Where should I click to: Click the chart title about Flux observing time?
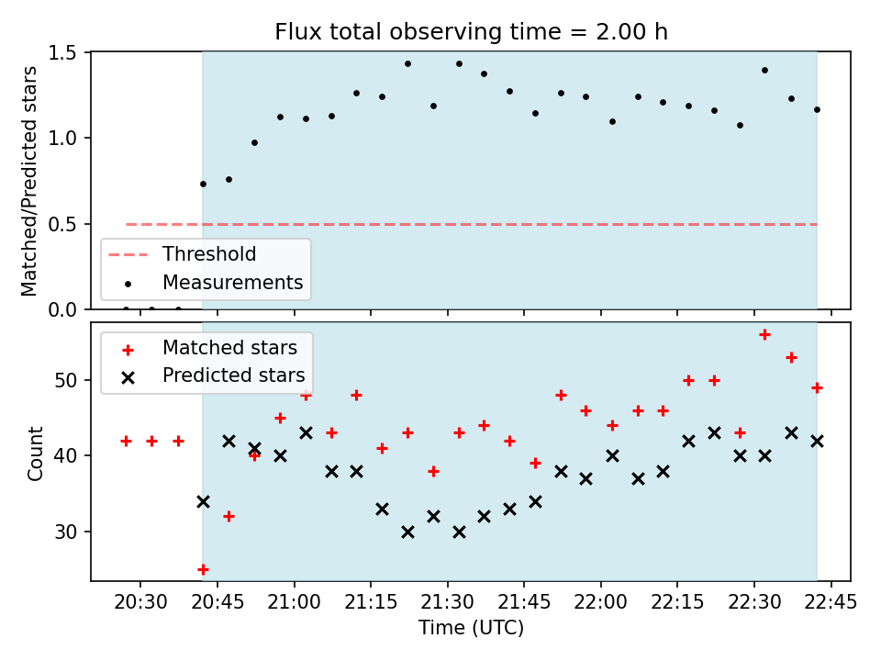point(471,31)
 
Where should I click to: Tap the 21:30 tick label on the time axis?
point(447,602)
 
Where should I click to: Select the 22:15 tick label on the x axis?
point(677,602)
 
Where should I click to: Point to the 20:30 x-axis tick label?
point(140,602)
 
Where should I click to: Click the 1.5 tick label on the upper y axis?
point(61,53)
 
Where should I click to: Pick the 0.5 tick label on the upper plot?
point(61,224)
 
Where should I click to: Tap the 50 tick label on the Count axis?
point(65,380)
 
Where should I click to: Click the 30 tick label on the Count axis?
point(65,532)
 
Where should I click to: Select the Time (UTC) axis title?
point(471,627)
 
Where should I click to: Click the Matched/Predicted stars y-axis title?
point(28,181)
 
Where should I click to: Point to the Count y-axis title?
point(35,454)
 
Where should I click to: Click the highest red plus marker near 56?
point(764,335)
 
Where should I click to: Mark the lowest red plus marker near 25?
point(204,570)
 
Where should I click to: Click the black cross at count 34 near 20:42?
point(204,501)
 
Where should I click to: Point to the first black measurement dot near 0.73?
point(204,185)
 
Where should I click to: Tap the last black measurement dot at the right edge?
point(817,110)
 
